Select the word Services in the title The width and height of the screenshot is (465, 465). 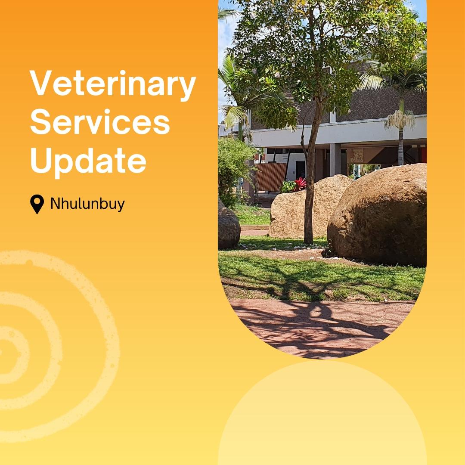coord(100,122)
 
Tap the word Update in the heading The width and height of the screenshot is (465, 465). coord(88,160)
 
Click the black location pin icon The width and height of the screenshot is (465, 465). coord(37,204)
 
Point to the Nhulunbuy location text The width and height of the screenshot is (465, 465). coord(87,204)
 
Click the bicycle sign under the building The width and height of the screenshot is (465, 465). coord(356,156)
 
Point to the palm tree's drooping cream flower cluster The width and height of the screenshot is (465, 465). coord(400,120)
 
